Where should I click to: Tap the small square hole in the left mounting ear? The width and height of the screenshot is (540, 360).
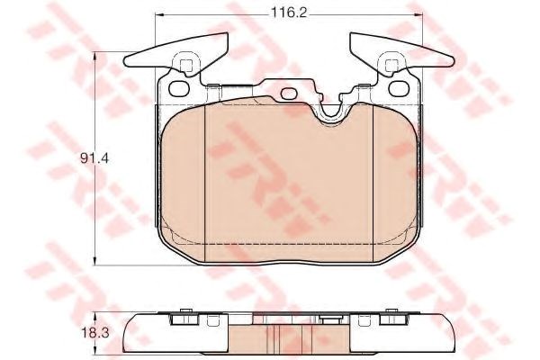coord(185,65)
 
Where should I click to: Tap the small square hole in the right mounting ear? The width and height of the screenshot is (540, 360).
coord(391,65)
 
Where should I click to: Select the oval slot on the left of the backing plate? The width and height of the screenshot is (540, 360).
coord(179,88)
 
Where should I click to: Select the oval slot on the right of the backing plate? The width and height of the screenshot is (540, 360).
coord(399,88)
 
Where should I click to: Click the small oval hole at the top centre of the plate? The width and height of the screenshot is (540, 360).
coord(289,94)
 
